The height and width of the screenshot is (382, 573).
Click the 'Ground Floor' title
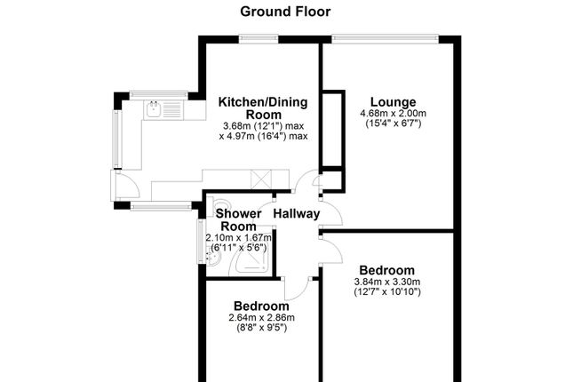point(285,12)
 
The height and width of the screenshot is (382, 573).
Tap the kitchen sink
point(155,109)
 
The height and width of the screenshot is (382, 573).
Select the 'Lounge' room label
point(392,100)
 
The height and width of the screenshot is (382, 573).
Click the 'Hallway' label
point(297,214)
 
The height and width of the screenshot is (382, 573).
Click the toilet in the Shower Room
point(217,204)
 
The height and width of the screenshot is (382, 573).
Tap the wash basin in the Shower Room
point(211,257)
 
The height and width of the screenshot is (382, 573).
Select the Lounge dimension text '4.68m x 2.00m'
point(393,113)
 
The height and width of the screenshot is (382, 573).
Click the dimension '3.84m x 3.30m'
point(386,282)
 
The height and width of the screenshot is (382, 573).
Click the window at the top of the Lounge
point(385,37)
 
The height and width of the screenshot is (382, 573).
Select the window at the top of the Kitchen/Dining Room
point(258,37)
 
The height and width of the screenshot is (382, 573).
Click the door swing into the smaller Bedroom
point(295,286)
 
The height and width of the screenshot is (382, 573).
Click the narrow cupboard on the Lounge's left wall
point(331,129)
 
